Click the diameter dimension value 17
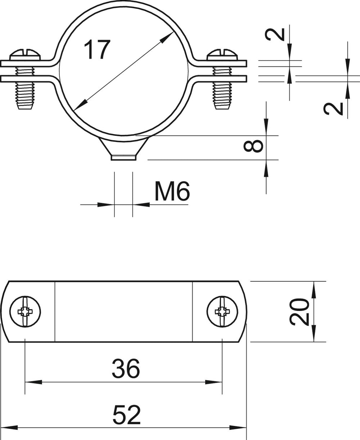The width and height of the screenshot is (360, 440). pyautogui.click(x=97, y=50)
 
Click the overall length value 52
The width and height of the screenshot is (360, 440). pyautogui.click(x=126, y=414)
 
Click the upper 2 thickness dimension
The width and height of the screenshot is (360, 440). pyautogui.click(x=275, y=35)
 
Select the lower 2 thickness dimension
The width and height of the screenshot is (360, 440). pyautogui.click(x=333, y=109)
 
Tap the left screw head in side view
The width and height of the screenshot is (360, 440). pyautogui.click(x=25, y=55)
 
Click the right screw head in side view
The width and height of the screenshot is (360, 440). pyautogui.click(x=222, y=55)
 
